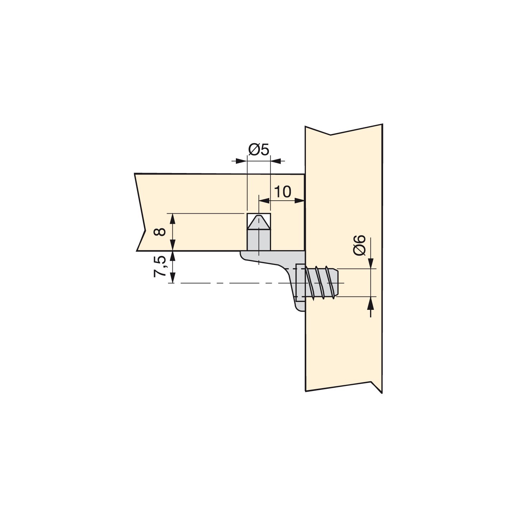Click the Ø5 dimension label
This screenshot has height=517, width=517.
[258, 150]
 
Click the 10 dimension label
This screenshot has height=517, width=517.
[283, 192]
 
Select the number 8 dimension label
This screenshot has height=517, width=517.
[160, 232]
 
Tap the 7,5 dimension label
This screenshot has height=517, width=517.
[160, 266]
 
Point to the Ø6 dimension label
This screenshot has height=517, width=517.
[360, 245]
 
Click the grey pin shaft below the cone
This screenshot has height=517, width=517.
[258, 240]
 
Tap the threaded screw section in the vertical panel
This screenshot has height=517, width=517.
[320, 282]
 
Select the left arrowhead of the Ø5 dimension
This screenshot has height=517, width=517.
[241, 161]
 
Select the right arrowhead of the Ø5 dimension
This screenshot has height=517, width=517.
[276, 161]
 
